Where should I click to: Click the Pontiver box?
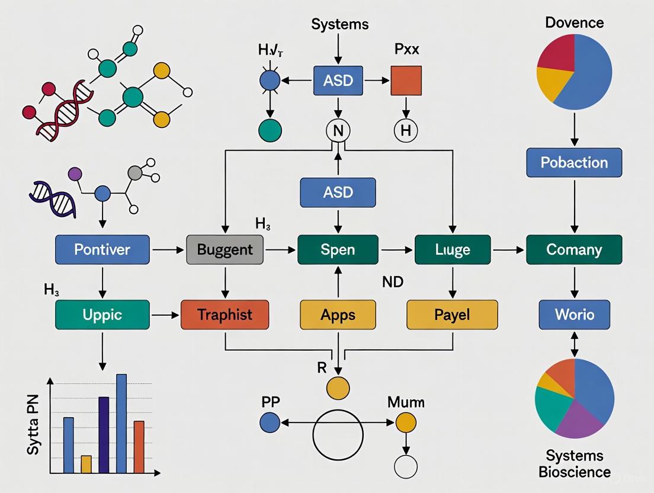pos(102,249)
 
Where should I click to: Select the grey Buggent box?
pos(225,249)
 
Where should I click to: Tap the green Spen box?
pos(338,249)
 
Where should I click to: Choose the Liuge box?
pos(453,249)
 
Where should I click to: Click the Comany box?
pos(574,249)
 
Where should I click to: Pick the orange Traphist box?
pos(225,315)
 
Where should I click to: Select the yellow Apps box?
pos(338,315)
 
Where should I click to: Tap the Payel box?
pos(452,315)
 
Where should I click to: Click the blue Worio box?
pos(574,315)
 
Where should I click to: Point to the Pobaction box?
pos(574,162)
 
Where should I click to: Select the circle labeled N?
pos(338,131)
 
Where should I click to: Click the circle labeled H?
pos(406,131)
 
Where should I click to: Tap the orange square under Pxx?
pos(406,81)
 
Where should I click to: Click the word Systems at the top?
pos(339,24)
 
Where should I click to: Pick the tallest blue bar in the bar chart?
pos(121,424)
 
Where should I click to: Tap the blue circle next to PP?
pos(270,422)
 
